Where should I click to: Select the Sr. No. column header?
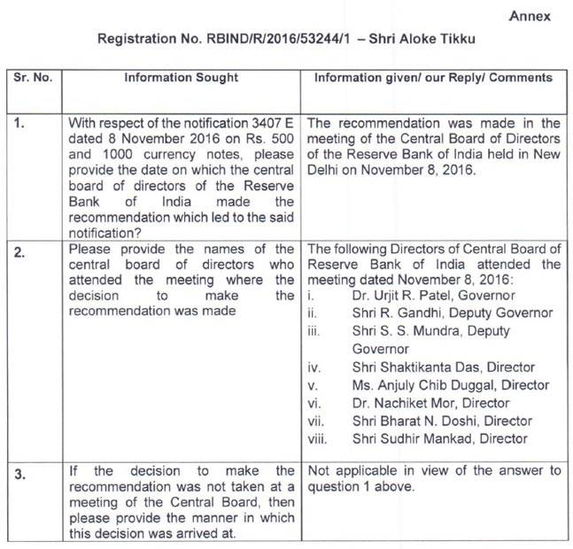coord(34,78)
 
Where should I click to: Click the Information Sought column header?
coord(181,78)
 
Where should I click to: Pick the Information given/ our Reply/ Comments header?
coord(434,78)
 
